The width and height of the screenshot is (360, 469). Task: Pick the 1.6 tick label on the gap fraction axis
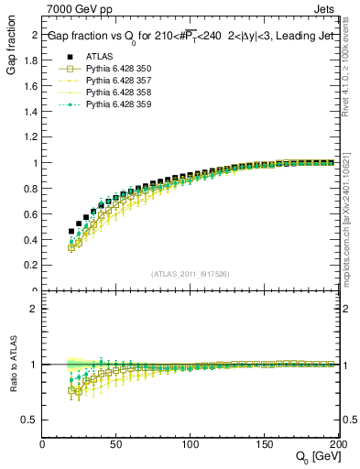pos(27,86)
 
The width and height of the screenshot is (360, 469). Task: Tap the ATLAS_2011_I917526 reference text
pos(189,275)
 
